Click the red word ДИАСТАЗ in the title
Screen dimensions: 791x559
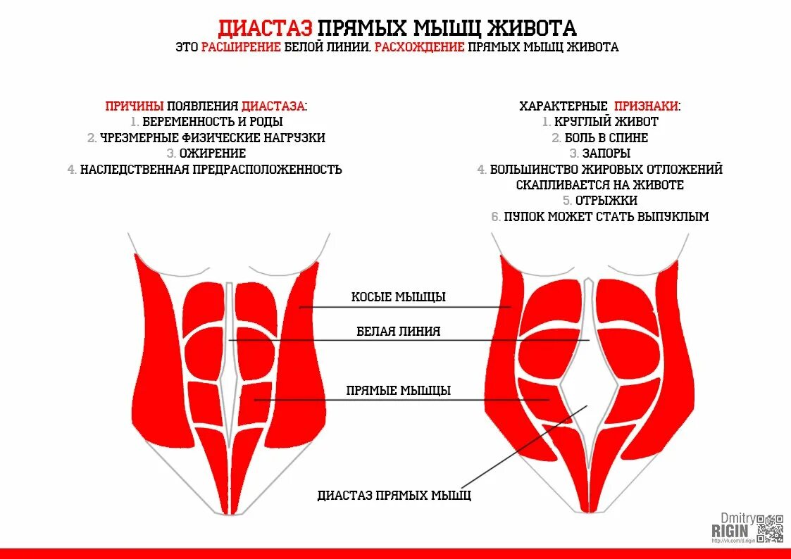point(264,28)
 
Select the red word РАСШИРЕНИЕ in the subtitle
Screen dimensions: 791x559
point(242,47)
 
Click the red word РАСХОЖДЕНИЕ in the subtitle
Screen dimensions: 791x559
point(419,47)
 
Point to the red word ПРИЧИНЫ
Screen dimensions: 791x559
point(135,106)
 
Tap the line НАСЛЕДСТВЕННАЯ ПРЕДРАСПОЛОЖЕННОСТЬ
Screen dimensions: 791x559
point(211,170)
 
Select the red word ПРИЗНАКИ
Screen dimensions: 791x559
point(647,106)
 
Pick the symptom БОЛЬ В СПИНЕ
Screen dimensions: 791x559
point(606,138)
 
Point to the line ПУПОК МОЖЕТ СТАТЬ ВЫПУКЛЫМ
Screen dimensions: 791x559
point(606,217)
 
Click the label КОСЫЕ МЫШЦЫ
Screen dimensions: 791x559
point(399,297)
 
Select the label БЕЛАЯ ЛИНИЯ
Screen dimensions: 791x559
point(399,331)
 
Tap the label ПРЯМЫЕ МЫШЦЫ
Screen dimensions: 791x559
point(399,391)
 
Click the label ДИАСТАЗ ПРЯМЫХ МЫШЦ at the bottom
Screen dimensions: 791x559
point(394,496)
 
